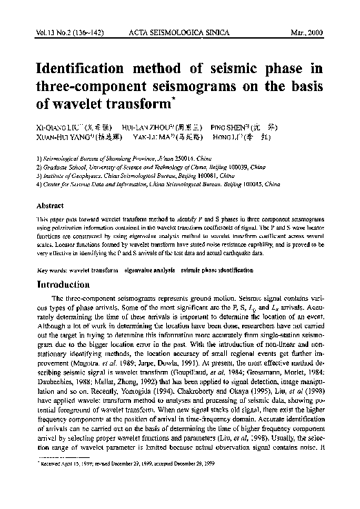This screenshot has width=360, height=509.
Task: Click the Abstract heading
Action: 50,205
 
